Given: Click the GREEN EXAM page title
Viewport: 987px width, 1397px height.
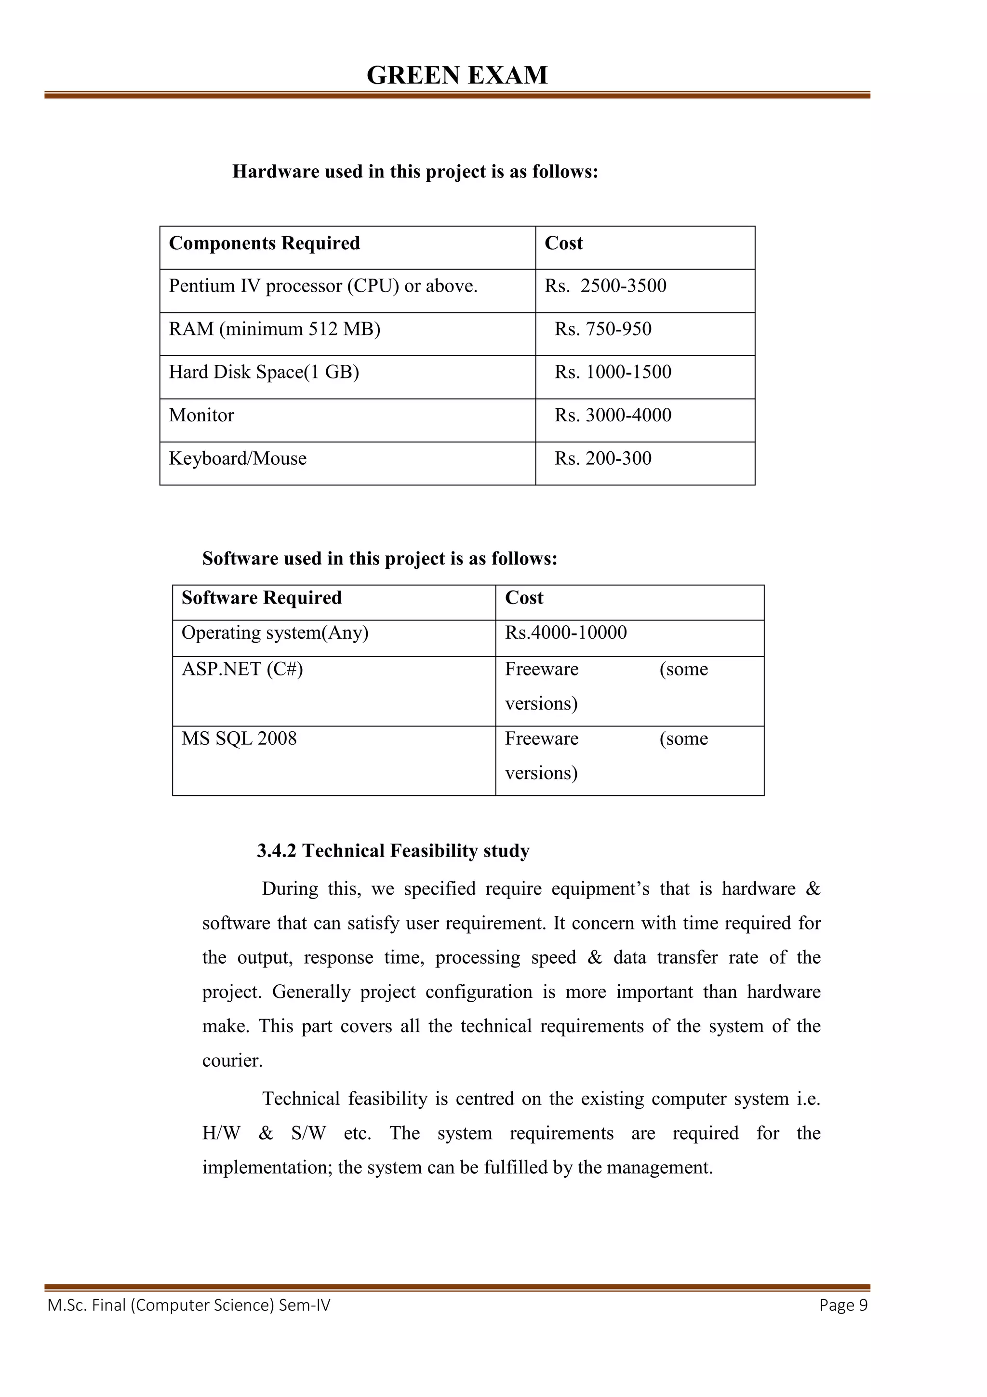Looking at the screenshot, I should (x=457, y=76).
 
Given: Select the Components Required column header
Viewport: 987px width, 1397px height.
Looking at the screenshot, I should (x=264, y=243).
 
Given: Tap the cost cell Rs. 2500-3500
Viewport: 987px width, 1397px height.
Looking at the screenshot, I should (x=605, y=286).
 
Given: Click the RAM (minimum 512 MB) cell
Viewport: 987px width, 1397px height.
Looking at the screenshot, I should (x=274, y=329).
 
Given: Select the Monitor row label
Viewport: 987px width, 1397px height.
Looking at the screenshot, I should (x=201, y=416).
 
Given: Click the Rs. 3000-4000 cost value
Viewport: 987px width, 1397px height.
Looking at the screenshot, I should (x=613, y=416).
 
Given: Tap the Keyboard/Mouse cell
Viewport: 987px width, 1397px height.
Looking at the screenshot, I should (x=237, y=459).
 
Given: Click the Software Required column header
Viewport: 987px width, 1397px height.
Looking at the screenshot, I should (x=262, y=598).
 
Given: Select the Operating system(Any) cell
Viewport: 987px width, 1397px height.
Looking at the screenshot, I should (x=275, y=633).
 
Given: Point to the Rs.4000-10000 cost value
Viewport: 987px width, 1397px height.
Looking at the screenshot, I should (x=566, y=633).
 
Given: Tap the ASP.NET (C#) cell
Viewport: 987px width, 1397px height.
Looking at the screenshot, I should (x=242, y=669).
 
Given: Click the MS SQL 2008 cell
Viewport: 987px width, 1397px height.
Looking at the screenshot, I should (x=239, y=739).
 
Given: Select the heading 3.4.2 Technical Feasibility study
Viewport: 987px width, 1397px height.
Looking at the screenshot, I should (x=393, y=851).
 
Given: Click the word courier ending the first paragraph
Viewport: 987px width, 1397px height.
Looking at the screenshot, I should (x=232, y=1061).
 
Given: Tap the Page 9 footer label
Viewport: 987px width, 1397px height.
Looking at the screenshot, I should (x=843, y=1305).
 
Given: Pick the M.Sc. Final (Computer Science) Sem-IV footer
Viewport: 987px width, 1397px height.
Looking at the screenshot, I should (x=188, y=1305).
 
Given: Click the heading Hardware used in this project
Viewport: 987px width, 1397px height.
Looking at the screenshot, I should (x=415, y=172).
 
